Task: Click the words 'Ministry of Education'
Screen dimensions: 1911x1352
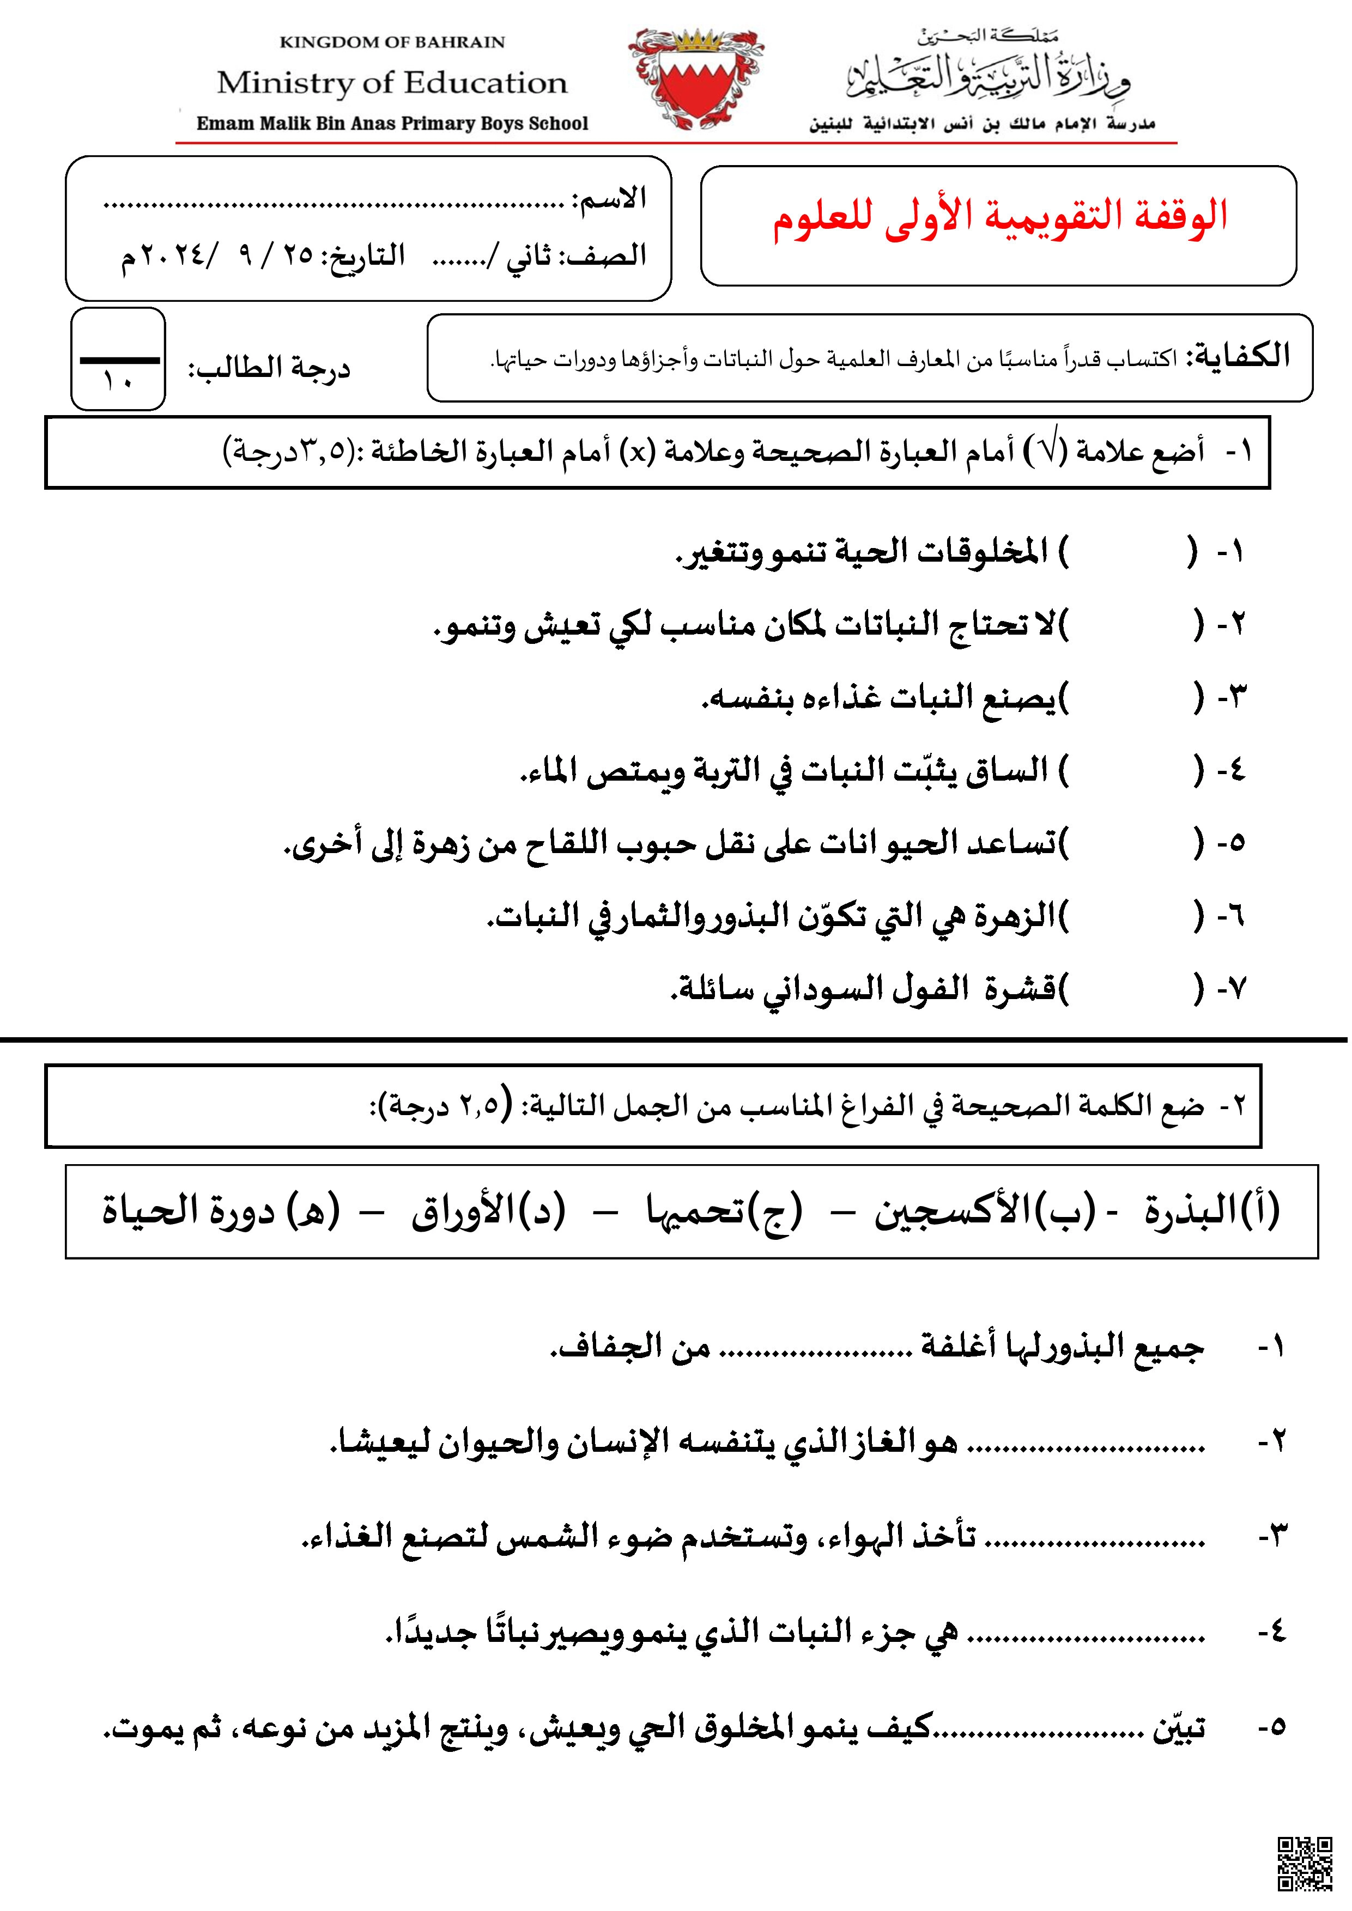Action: point(392,83)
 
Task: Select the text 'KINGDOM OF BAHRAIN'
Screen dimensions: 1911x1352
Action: point(392,41)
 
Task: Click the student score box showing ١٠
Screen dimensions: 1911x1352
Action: point(118,360)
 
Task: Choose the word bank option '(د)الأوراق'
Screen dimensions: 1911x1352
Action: point(488,1211)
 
